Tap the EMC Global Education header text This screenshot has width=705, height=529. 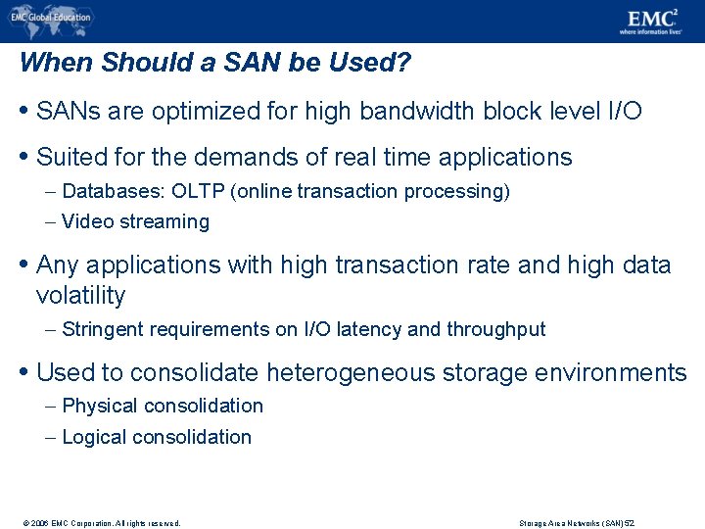[54, 17]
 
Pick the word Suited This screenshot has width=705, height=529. [68, 157]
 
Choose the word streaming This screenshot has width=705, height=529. [164, 221]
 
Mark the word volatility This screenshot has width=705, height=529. [80, 296]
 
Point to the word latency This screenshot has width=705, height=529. [368, 329]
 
